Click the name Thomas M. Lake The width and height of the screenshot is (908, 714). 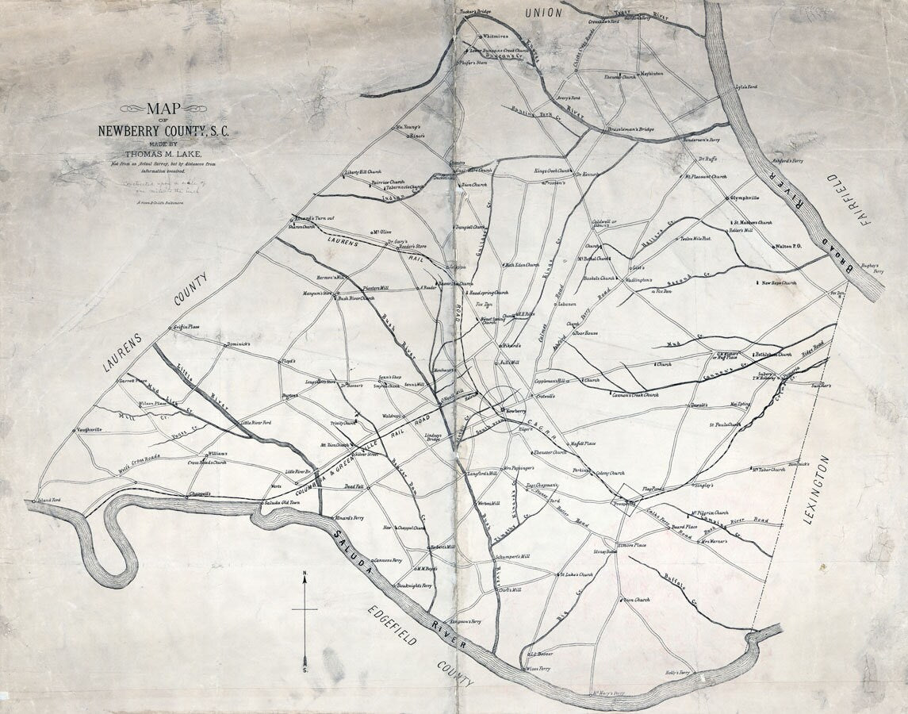163,153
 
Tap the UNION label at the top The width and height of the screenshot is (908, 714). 543,13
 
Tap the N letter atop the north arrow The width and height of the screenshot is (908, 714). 305,574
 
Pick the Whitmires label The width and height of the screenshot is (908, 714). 496,36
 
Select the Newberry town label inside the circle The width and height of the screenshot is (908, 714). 515,410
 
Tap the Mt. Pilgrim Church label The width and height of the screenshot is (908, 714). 710,512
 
